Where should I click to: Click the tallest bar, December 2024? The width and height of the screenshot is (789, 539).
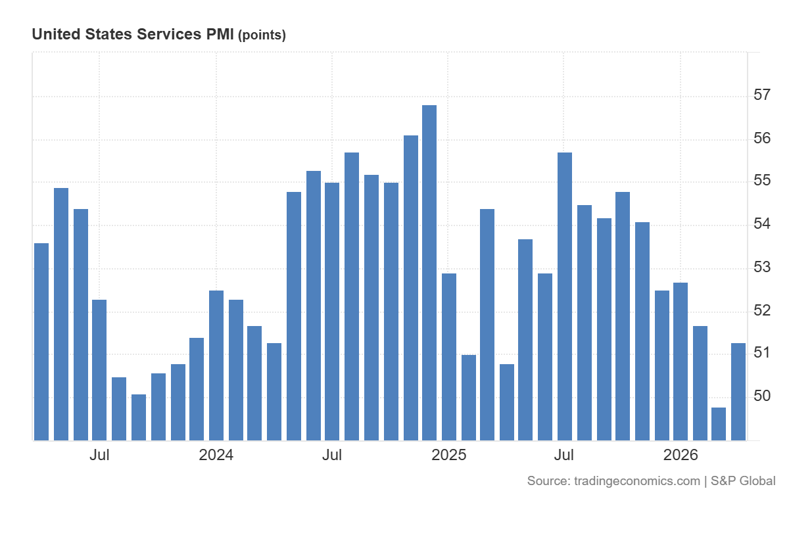[x=429, y=273]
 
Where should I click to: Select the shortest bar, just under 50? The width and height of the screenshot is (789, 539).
[x=719, y=424]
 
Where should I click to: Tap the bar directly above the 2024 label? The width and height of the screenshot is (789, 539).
[x=216, y=365]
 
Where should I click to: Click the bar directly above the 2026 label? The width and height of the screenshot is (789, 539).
[x=681, y=362]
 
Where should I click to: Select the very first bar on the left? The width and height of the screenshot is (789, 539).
[x=41, y=342]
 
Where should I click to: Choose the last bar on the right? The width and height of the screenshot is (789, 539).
[x=738, y=392]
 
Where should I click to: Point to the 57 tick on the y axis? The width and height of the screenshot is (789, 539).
[x=762, y=95]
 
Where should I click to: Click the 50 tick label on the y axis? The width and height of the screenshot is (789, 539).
[x=762, y=396]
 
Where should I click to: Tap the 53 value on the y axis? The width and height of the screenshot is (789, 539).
[x=762, y=268]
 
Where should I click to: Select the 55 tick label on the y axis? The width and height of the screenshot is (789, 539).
[x=762, y=181]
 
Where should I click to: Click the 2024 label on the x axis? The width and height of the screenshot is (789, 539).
[x=216, y=456]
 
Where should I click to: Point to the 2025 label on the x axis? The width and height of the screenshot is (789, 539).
[x=448, y=456]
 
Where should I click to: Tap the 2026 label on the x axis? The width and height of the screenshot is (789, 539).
[x=681, y=456]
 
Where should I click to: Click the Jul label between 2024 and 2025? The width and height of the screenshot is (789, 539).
[x=333, y=456]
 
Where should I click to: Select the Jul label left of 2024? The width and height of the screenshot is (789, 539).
[x=100, y=456]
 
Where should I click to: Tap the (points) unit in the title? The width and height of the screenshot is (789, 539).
[x=262, y=35]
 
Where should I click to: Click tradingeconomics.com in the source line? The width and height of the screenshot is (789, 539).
[x=636, y=481]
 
